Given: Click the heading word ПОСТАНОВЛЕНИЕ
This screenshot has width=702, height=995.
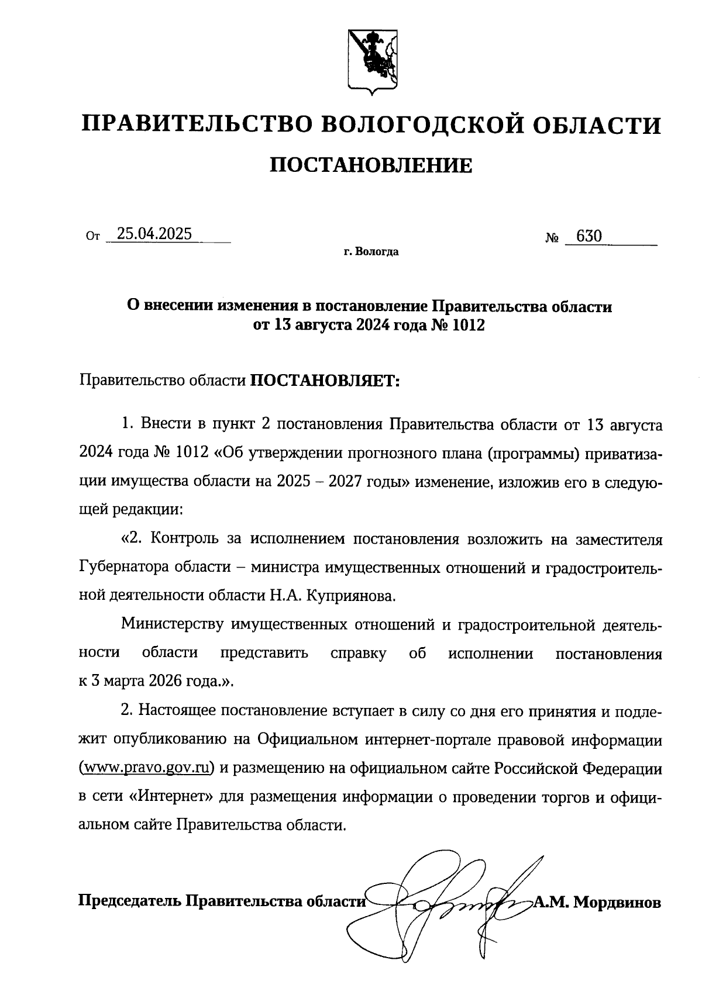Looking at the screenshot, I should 371,165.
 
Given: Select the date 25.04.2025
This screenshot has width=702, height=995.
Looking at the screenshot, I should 154,234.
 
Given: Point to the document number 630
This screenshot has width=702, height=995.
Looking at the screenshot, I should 589,236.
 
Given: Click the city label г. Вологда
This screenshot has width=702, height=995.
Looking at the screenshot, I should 371,253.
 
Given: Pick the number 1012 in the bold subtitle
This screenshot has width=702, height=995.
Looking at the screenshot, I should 468,326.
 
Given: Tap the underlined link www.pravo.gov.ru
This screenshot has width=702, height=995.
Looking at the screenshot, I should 146,768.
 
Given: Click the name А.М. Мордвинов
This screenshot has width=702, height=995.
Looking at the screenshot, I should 597,902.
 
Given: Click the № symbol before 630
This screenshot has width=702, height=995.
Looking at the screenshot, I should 552,238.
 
